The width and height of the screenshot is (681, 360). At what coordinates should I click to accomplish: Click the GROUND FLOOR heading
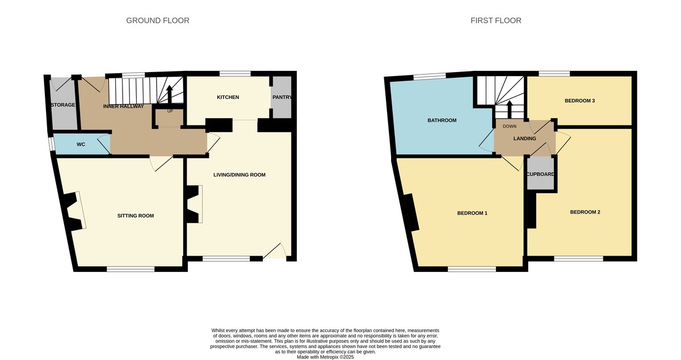click(x=157, y=20)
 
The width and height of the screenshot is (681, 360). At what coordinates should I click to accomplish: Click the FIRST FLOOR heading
click(x=495, y=20)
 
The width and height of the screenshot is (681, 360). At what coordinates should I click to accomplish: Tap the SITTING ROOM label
click(x=136, y=216)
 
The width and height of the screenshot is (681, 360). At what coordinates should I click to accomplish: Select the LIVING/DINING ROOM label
click(x=239, y=175)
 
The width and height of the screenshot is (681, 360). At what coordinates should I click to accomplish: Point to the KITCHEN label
click(x=228, y=97)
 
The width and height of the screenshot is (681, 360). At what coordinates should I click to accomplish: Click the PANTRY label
click(x=282, y=97)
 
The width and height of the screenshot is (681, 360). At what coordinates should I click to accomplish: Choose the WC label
click(x=81, y=144)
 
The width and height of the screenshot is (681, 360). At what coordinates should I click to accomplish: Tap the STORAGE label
click(x=62, y=105)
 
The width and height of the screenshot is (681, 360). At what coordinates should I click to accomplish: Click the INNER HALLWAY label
click(x=123, y=106)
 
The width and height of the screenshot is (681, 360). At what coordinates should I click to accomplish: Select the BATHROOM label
click(x=442, y=120)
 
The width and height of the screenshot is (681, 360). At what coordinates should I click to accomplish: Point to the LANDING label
click(x=524, y=138)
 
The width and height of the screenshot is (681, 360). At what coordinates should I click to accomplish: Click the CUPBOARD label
click(x=540, y=174)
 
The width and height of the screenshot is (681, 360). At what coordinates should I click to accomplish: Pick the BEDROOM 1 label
click(x=472, y=213)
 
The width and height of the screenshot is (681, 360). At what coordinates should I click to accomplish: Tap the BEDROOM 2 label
click(x=585, y=212)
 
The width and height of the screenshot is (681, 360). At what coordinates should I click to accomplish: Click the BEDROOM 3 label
click(x=579, y=101)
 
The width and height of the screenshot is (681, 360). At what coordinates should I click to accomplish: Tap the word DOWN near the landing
click(x=510, y=127)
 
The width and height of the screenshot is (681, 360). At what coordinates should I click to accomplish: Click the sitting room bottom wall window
click(x=130, y=269)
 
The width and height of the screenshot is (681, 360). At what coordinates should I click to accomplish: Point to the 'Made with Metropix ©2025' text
click(x=325, y=357)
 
